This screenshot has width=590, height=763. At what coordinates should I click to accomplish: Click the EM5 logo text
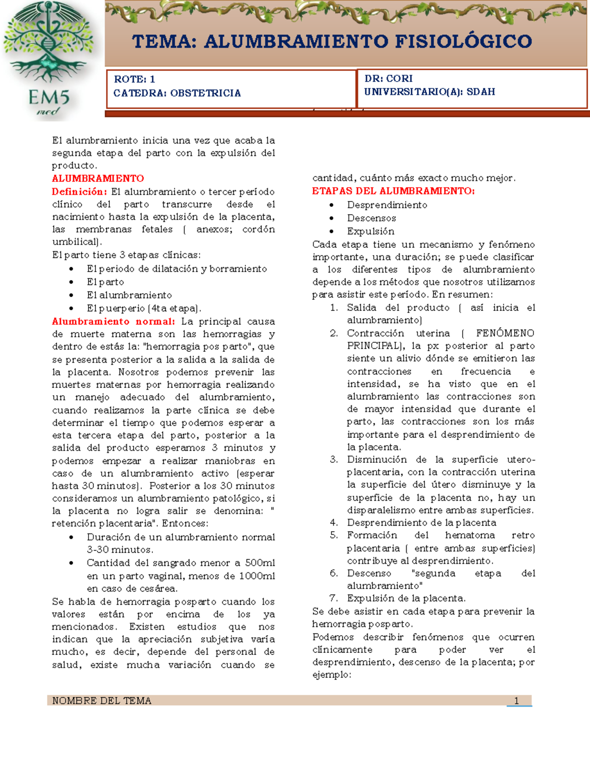[48, 97]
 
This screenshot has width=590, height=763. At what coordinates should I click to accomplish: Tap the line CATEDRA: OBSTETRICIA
[177, 93]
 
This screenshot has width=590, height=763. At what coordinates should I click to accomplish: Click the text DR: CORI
[388, 79]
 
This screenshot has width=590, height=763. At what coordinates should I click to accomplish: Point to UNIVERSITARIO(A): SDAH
[429, 92]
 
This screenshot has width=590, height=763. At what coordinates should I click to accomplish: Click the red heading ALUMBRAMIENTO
[98, 178]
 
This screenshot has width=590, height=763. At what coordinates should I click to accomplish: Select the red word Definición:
[79, 192]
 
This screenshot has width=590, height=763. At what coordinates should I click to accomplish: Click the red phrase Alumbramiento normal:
[113, 321]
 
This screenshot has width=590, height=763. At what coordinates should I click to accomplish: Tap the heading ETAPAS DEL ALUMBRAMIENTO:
[393, 191]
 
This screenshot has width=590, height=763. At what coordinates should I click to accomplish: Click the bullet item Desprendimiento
[387, 205]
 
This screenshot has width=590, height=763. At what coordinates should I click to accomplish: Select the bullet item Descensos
[371, 218]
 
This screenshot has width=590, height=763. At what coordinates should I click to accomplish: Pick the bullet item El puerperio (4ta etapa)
[144, 309]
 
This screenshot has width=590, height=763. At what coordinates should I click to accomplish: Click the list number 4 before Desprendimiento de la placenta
[334, 523]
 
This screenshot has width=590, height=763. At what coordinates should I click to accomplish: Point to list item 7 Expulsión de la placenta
[406, 598]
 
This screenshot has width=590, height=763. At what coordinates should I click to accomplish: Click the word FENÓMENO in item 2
[505, 333]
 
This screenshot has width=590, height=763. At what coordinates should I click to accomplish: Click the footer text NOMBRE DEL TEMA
[102, 701]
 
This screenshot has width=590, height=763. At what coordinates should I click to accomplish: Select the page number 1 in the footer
[516, 701]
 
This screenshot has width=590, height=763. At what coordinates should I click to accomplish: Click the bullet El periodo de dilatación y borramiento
[177, 269]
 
